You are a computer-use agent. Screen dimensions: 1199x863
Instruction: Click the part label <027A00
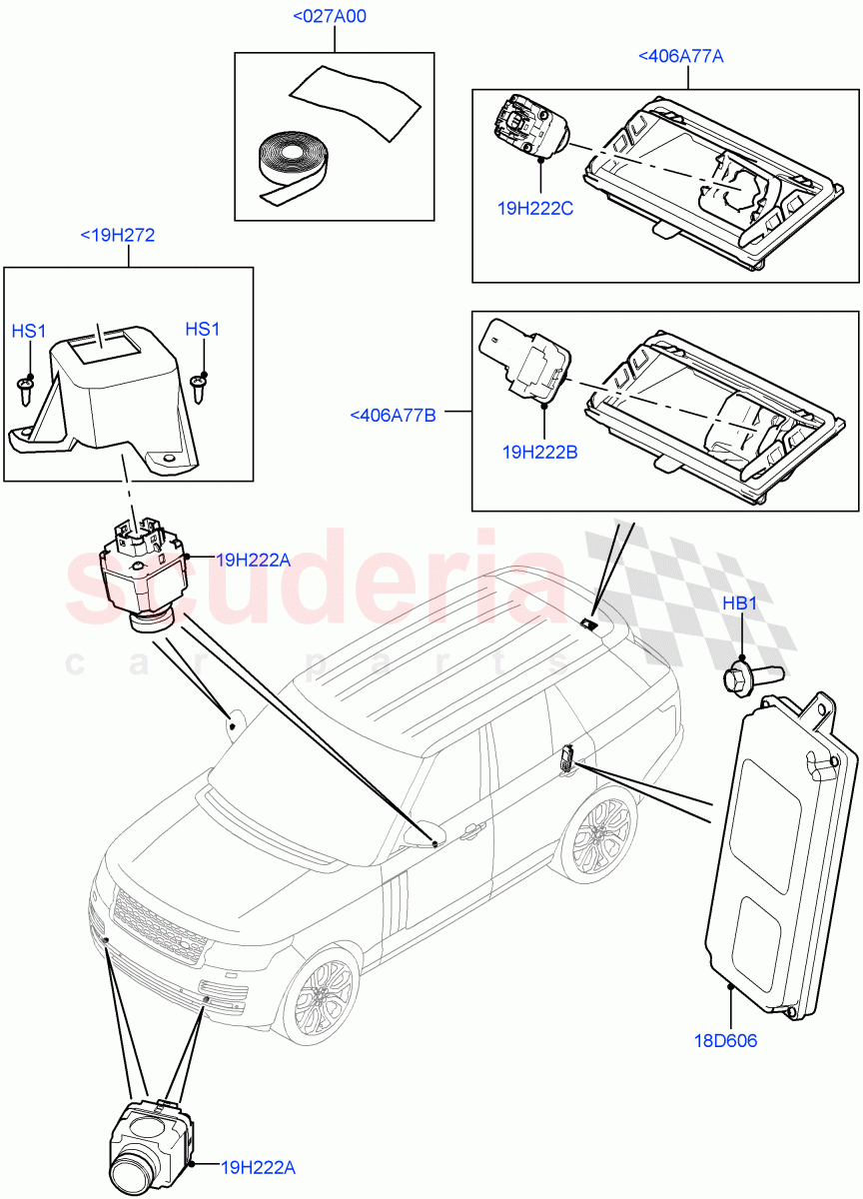[330, 17]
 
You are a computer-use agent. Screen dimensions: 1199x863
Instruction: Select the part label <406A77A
[680, 57]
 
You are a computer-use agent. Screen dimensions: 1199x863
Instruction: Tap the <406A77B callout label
[393, 415]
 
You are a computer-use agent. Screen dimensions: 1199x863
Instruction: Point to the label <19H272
[117, 236]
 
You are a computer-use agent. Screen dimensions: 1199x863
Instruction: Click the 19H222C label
[535, 209]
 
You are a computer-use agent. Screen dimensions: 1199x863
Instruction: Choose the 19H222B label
[541, 452]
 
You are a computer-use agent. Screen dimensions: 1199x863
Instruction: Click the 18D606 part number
[724, 1041]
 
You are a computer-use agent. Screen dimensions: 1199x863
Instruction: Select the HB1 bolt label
[741, 604]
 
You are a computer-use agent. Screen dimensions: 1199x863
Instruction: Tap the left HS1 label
[28, 330]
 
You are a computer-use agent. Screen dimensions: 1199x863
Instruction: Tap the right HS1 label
[203, 330]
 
